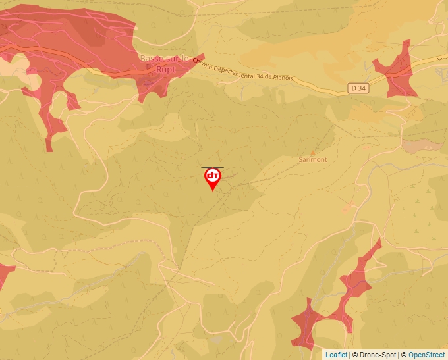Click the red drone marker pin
212,178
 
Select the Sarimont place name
312,159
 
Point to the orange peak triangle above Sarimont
312,152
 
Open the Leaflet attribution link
336,355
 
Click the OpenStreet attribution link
427,355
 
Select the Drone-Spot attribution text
376,355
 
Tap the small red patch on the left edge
4,275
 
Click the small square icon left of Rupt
149,67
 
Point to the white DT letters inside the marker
212,176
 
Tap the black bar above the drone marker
212,167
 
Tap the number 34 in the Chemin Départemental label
249,72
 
